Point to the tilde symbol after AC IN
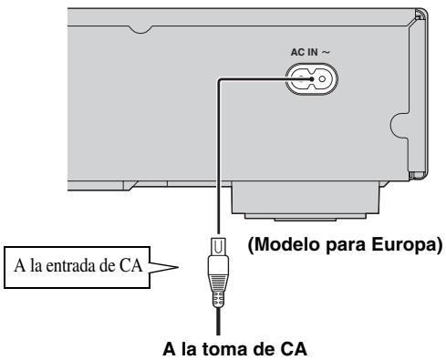click(338, 52)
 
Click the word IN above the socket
click(324, 52)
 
